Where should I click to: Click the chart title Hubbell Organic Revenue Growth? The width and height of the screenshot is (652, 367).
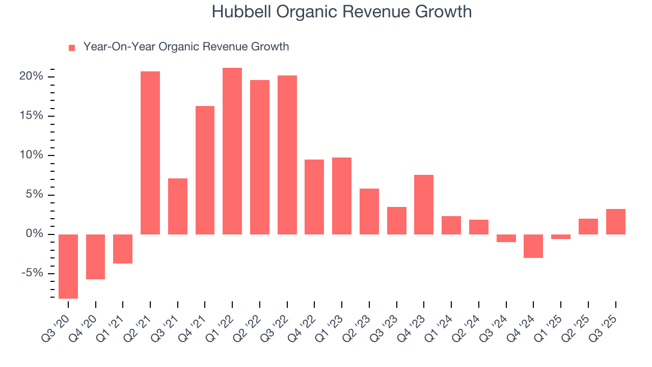pos(341,12)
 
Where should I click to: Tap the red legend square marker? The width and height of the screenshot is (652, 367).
pos(72,47)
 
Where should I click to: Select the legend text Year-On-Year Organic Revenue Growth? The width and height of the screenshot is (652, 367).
pos(186,47)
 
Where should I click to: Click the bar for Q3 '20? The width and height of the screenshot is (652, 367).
pos(68,266)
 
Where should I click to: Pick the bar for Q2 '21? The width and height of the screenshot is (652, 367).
pos(150,153)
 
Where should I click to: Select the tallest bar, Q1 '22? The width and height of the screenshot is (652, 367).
pos(232,151)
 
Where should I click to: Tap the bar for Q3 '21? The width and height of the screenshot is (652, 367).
pos(178,206)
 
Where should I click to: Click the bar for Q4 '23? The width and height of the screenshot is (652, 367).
pos(424,204)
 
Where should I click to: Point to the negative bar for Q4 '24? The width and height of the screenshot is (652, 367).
pos(533,246)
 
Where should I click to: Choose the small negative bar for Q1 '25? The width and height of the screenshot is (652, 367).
pos(561,237)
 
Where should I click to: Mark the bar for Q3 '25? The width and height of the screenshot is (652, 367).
pos(615,222)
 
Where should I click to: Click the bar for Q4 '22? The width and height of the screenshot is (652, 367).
pos(314,197)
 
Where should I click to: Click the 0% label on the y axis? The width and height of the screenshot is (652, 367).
pos(35,234)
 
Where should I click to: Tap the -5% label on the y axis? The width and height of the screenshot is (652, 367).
pos(32,273)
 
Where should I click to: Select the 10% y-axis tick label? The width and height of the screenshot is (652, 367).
pos(32,155)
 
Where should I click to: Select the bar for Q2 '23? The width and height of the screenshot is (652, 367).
pos(369,212)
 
